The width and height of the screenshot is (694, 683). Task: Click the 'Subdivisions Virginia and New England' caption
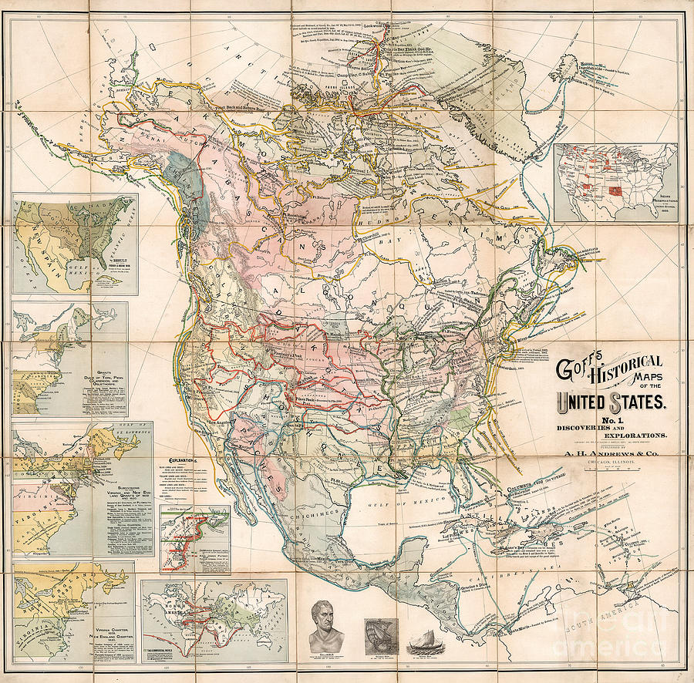125,484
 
